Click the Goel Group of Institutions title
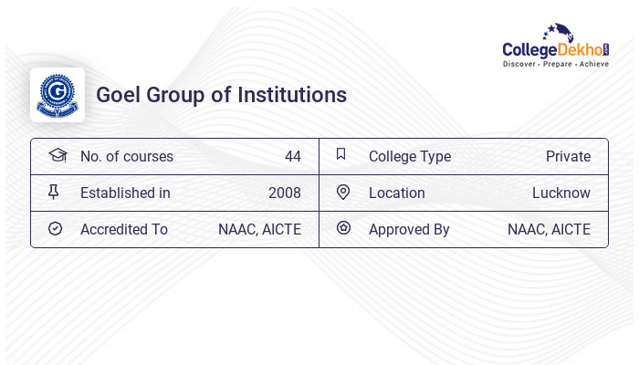click(x=221, y=95)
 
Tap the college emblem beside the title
click(x=58, y=95)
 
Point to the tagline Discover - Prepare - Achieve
click(x=556, y=65)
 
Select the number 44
click(x=292, y=156)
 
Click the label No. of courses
click(x=127, y=156)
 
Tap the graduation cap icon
click(x=57, y=155)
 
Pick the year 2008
click(x=284, y=193)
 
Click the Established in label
click(x=125, y=193)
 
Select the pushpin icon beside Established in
click(x=54, y=192)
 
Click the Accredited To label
click(x=124, y=229)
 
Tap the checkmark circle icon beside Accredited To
click(x=55, y=228)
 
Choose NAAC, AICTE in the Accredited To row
click(x=259, y=229)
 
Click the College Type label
click(x=410, y=156)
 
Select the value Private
click(x=568, y=156)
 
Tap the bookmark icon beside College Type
click(x=340, y=154)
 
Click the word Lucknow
click(x=561, y=193)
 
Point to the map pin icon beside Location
click(x=343, y=192)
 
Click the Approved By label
click(x=409, y=229)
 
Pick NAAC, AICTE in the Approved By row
click(x=549, y=229)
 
